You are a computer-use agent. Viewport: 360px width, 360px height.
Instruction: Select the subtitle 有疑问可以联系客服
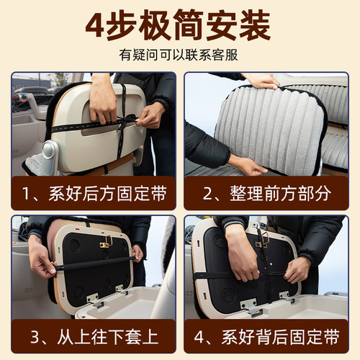point(179,55)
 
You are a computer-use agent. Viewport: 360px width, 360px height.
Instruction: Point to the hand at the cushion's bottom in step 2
point(245,165)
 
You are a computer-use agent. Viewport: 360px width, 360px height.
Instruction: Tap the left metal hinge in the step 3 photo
point(92,297)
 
